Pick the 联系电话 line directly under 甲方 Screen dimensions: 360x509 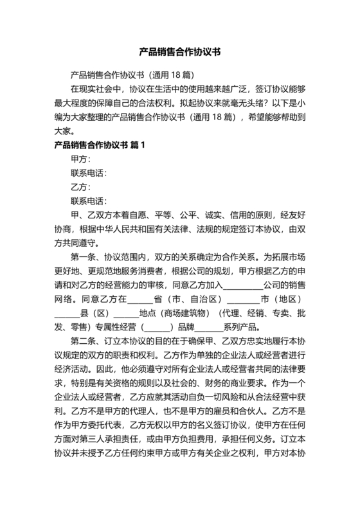pyautogui.click(x=89, y=174)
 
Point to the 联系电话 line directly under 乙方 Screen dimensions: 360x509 pyautogui.click(x=89, y=201)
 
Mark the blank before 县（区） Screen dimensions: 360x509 pyautogui.click(x=65, y=314)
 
